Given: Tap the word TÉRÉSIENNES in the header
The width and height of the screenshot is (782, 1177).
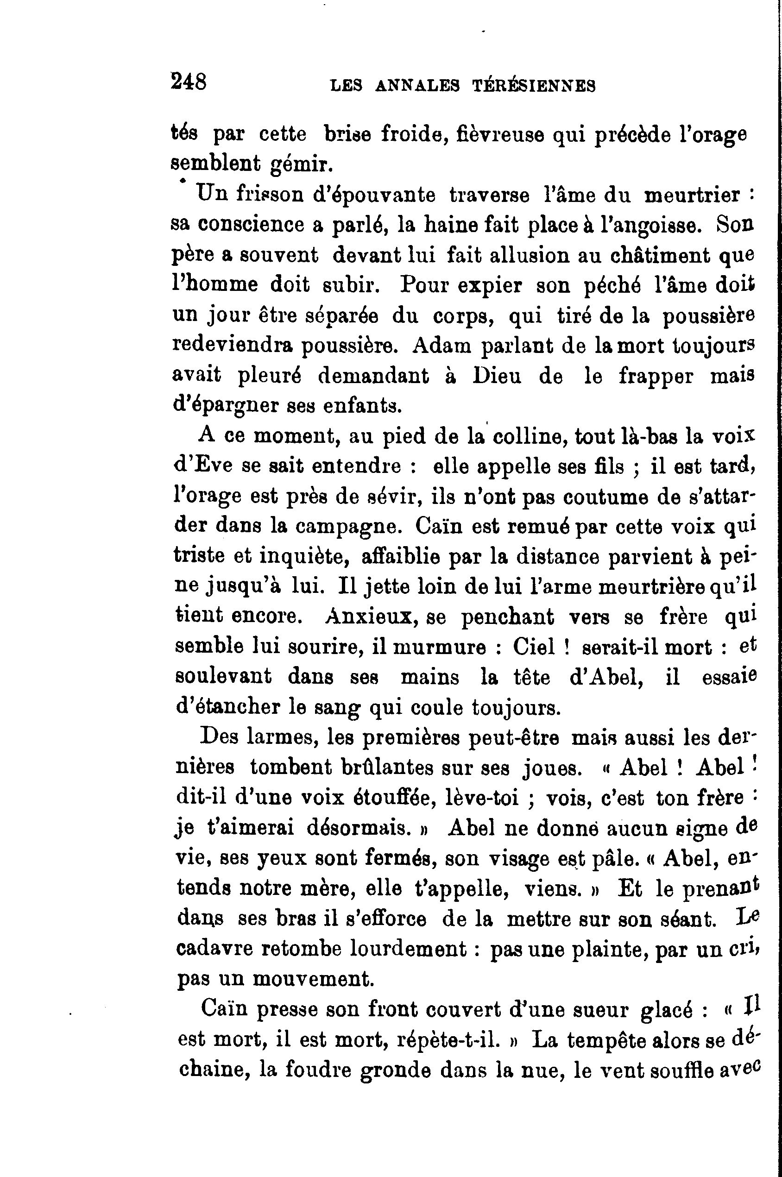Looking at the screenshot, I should click(x=534, y=86).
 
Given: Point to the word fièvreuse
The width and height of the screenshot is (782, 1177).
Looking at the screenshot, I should click(x=501, y=135).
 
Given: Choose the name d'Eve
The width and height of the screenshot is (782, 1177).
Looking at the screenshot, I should click(x=203, y=466).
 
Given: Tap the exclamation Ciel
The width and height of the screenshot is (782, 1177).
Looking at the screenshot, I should click(x=534, y=647).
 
